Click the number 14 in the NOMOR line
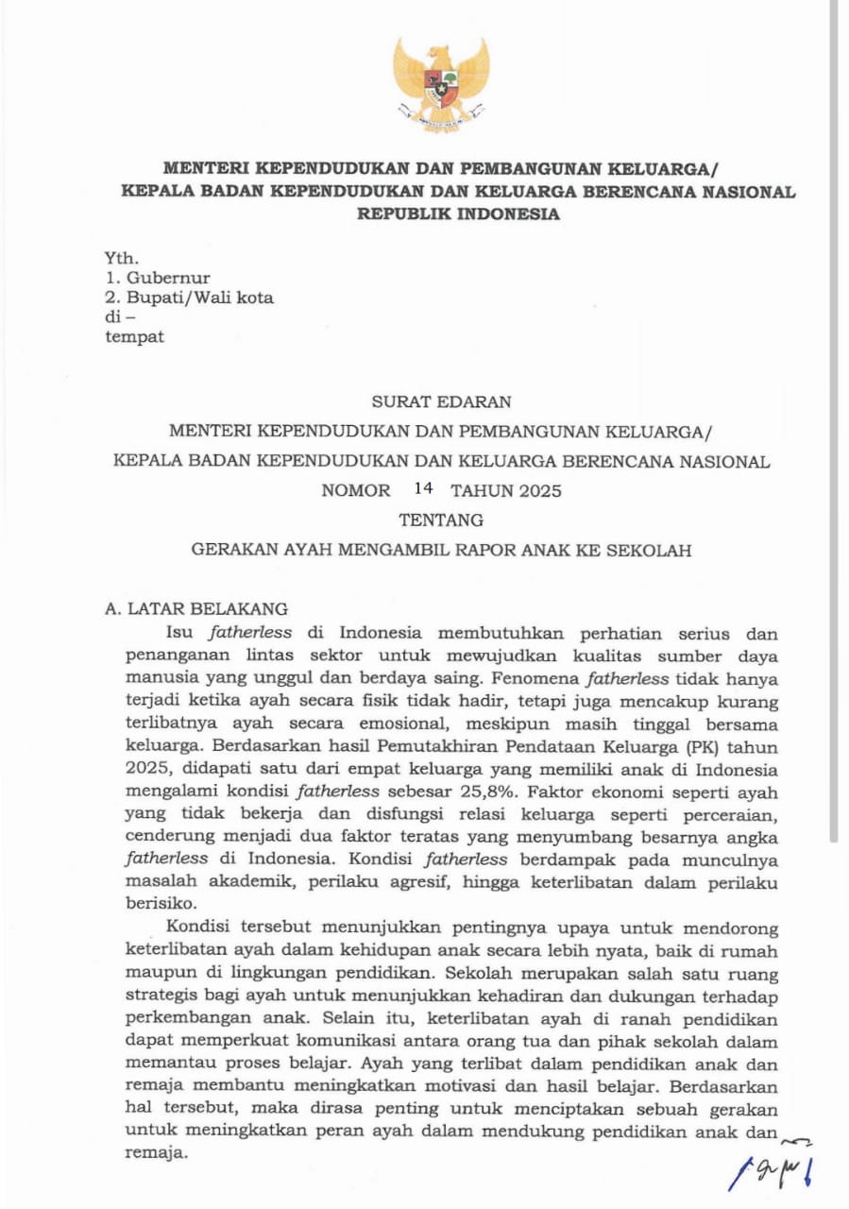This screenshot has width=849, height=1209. point(422,489)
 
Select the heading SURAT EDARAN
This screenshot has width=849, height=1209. point(441,401)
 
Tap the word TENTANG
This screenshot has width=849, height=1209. point(441,519)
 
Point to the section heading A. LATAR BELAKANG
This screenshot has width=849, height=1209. point(196,608)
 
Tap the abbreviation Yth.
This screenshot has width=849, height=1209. point(122,258)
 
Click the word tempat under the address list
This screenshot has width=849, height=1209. point(134,336)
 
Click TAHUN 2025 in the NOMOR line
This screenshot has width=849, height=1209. point(506,490)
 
